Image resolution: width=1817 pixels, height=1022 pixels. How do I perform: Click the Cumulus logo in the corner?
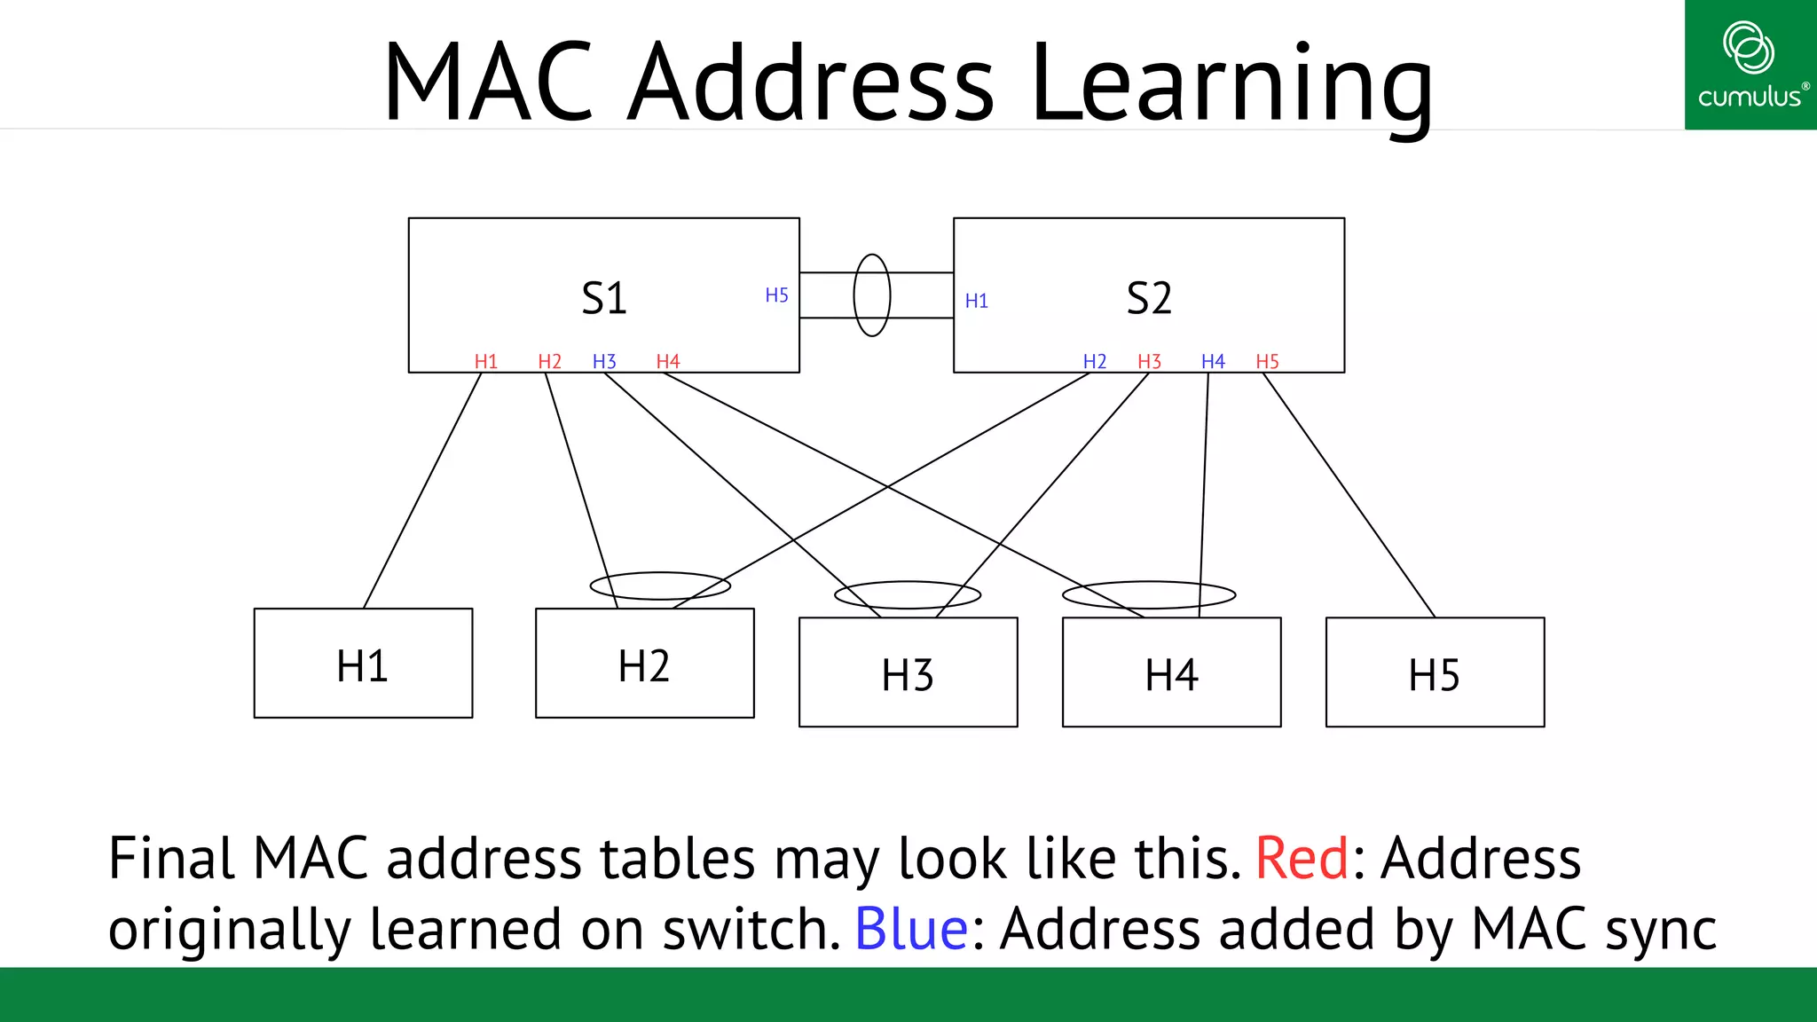click(x=1750, y=65)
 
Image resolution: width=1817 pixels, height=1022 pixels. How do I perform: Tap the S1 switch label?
click(x=604, y=298)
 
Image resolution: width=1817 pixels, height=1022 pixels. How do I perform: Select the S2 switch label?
click(x=1149, y=298)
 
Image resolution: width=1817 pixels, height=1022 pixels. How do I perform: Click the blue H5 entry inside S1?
click(x=776, y=295)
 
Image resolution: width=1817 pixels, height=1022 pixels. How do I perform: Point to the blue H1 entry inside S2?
click(x=976, y=301)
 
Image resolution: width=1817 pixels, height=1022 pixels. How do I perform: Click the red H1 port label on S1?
click(x=485, y=361)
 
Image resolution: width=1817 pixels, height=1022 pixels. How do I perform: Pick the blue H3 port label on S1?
click(x=604, y=361)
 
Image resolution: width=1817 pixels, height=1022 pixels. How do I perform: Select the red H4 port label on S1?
click(x=667, y=361)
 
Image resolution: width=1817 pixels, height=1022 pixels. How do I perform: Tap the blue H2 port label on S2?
click(x=1094, y=361)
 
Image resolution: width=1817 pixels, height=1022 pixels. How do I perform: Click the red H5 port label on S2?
click(x=1267, y=361)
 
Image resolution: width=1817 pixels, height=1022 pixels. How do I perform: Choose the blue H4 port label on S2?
click(x=1212, y=361)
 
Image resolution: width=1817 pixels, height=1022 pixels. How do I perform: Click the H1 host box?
click(x=363, y=664)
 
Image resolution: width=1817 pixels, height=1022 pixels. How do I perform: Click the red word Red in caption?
click(x=1302, y=859)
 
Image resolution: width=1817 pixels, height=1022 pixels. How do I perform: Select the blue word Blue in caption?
click(x=911, y=929)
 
